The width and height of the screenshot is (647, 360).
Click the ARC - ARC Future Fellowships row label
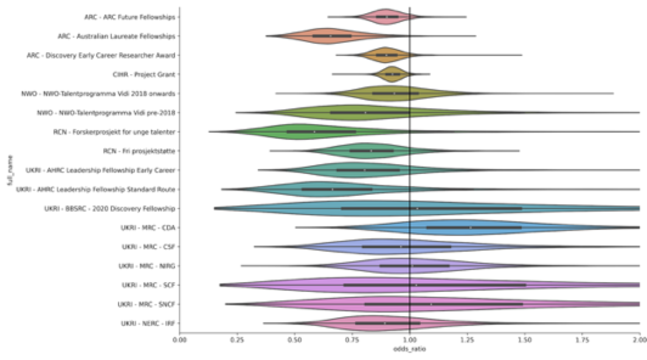(130, 16)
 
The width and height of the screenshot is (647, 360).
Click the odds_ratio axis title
(409, 351)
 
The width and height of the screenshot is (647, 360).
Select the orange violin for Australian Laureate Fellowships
(331, 36)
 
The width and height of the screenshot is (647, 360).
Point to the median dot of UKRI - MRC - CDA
(470, 227)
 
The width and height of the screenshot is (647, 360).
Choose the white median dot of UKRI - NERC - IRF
(384, 323)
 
